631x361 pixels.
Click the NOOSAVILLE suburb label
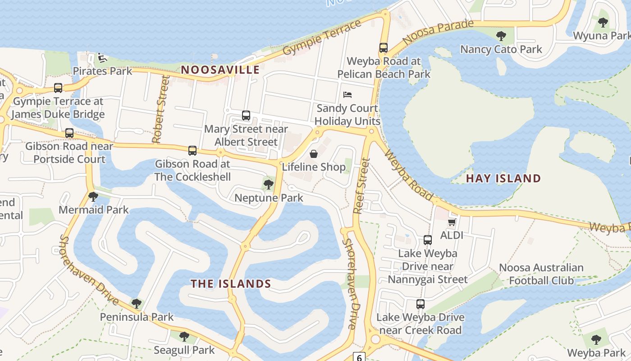pos(220,70)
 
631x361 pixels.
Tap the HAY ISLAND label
pos(503,178)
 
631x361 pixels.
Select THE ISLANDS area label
pos(231,284)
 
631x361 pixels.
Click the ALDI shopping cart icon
pos(452,222)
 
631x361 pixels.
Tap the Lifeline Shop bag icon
pos(314,154)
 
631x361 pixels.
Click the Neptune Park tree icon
pos(269,184)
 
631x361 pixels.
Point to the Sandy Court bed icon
pos(347,95)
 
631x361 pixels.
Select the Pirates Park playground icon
pos(102,58)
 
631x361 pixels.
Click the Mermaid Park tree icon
pos(93,196)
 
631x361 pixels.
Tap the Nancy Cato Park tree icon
pos(501,36)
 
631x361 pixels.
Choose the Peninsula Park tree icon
pos(136,303)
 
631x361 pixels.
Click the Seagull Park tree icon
pos(184,336)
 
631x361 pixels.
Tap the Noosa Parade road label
pos(438,32)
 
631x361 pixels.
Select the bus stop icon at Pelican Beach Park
pos(384,47)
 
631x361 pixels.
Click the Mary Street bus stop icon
pos(246,115)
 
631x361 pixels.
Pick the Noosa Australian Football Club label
pos(541,274)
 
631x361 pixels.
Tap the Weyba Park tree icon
pos(596,339)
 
